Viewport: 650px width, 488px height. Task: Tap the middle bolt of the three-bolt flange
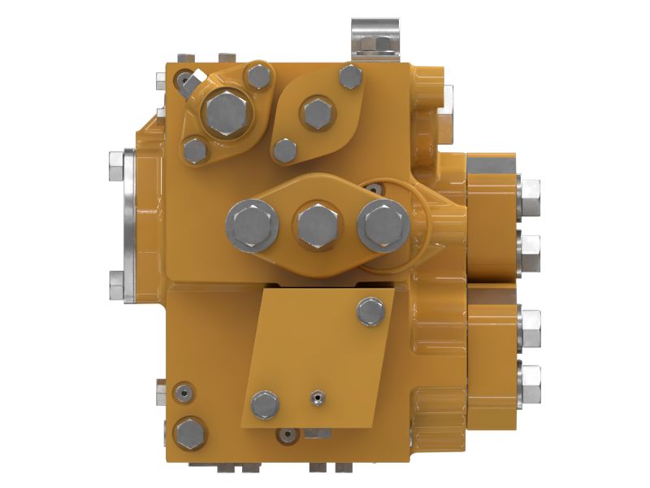click(317, 225)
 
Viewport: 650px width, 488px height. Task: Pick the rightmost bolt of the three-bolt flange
click(383, 225)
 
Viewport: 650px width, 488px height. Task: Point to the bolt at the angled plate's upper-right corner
click(370, 312)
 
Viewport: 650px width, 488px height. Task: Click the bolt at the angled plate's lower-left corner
click(265, 404)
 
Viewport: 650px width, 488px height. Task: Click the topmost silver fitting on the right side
click(529, 192)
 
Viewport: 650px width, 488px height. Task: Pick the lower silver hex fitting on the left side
click(115, 285)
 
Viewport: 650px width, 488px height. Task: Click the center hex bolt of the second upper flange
click(317, 113)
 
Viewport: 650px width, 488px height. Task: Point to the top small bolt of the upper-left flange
click(258, 77)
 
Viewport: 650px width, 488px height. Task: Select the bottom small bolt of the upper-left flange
click(195, 150)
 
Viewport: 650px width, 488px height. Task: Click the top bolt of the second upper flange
click(350, 78)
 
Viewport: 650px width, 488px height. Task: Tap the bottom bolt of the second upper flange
click(285, 150)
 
